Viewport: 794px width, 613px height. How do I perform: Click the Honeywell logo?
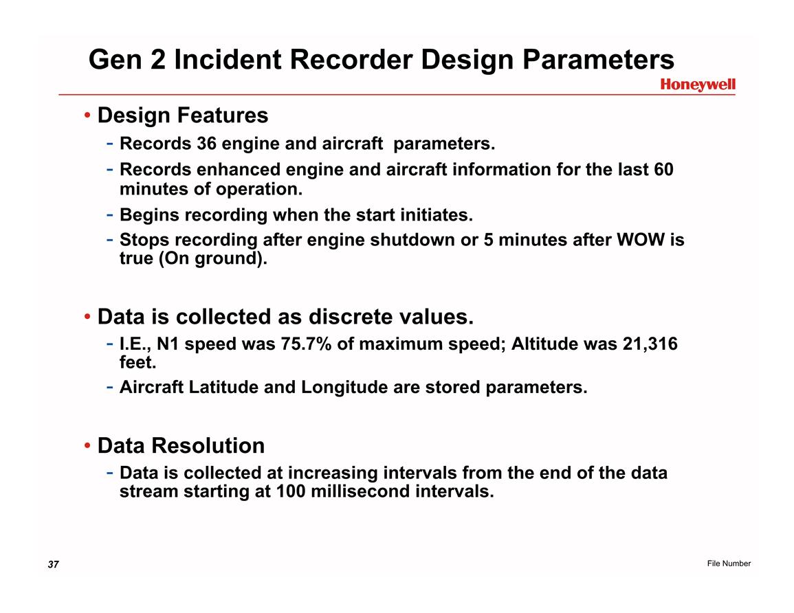coord(697,85)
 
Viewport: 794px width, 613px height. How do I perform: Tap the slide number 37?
coord(53,564)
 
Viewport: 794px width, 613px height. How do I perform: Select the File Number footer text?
coord(729,564)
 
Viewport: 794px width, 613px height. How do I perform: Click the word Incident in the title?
coord(228,59)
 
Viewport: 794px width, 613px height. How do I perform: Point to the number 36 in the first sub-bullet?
coord(207,144)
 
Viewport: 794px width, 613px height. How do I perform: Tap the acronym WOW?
coord(641,239)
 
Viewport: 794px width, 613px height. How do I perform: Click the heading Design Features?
coord(183,115)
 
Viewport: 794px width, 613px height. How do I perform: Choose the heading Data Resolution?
coord(181,446)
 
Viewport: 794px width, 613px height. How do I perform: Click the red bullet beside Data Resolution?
coord(87,446)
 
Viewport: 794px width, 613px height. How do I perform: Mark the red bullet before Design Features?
coord(87,115)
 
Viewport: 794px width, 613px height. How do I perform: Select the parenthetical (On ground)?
coord(212,258)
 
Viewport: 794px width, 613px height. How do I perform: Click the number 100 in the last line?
coord(291,491)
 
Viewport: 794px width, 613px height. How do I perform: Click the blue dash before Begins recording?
coord(109,215)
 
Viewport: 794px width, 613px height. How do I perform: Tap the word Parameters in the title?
coord(598,59)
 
